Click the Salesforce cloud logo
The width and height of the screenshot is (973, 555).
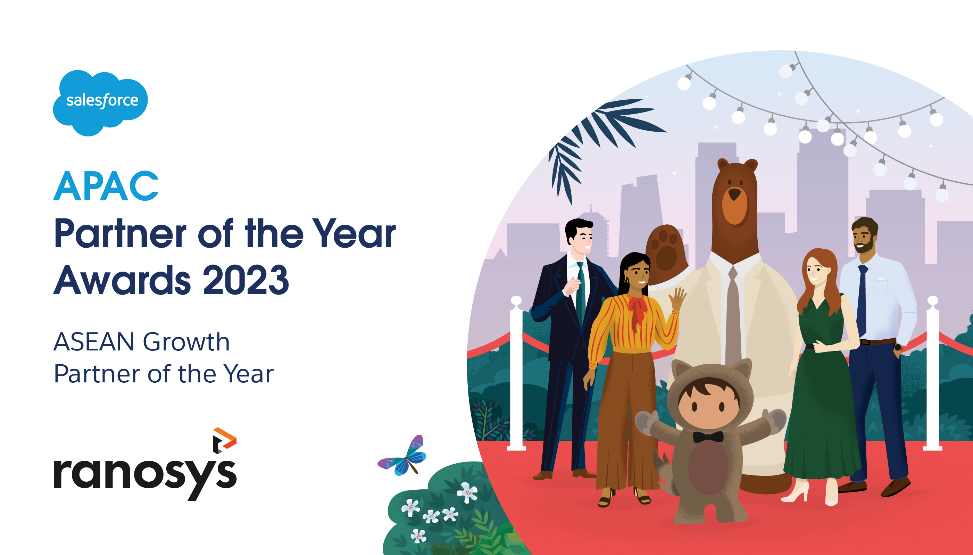100,102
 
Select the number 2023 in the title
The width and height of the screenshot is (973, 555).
246,281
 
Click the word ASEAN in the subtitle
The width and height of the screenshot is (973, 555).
94,341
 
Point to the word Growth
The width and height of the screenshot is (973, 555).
186,341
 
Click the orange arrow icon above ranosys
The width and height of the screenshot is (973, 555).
225,440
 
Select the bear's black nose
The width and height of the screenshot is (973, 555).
734,194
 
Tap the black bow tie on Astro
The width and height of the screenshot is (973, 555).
708,437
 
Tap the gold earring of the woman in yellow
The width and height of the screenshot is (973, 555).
626,280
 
